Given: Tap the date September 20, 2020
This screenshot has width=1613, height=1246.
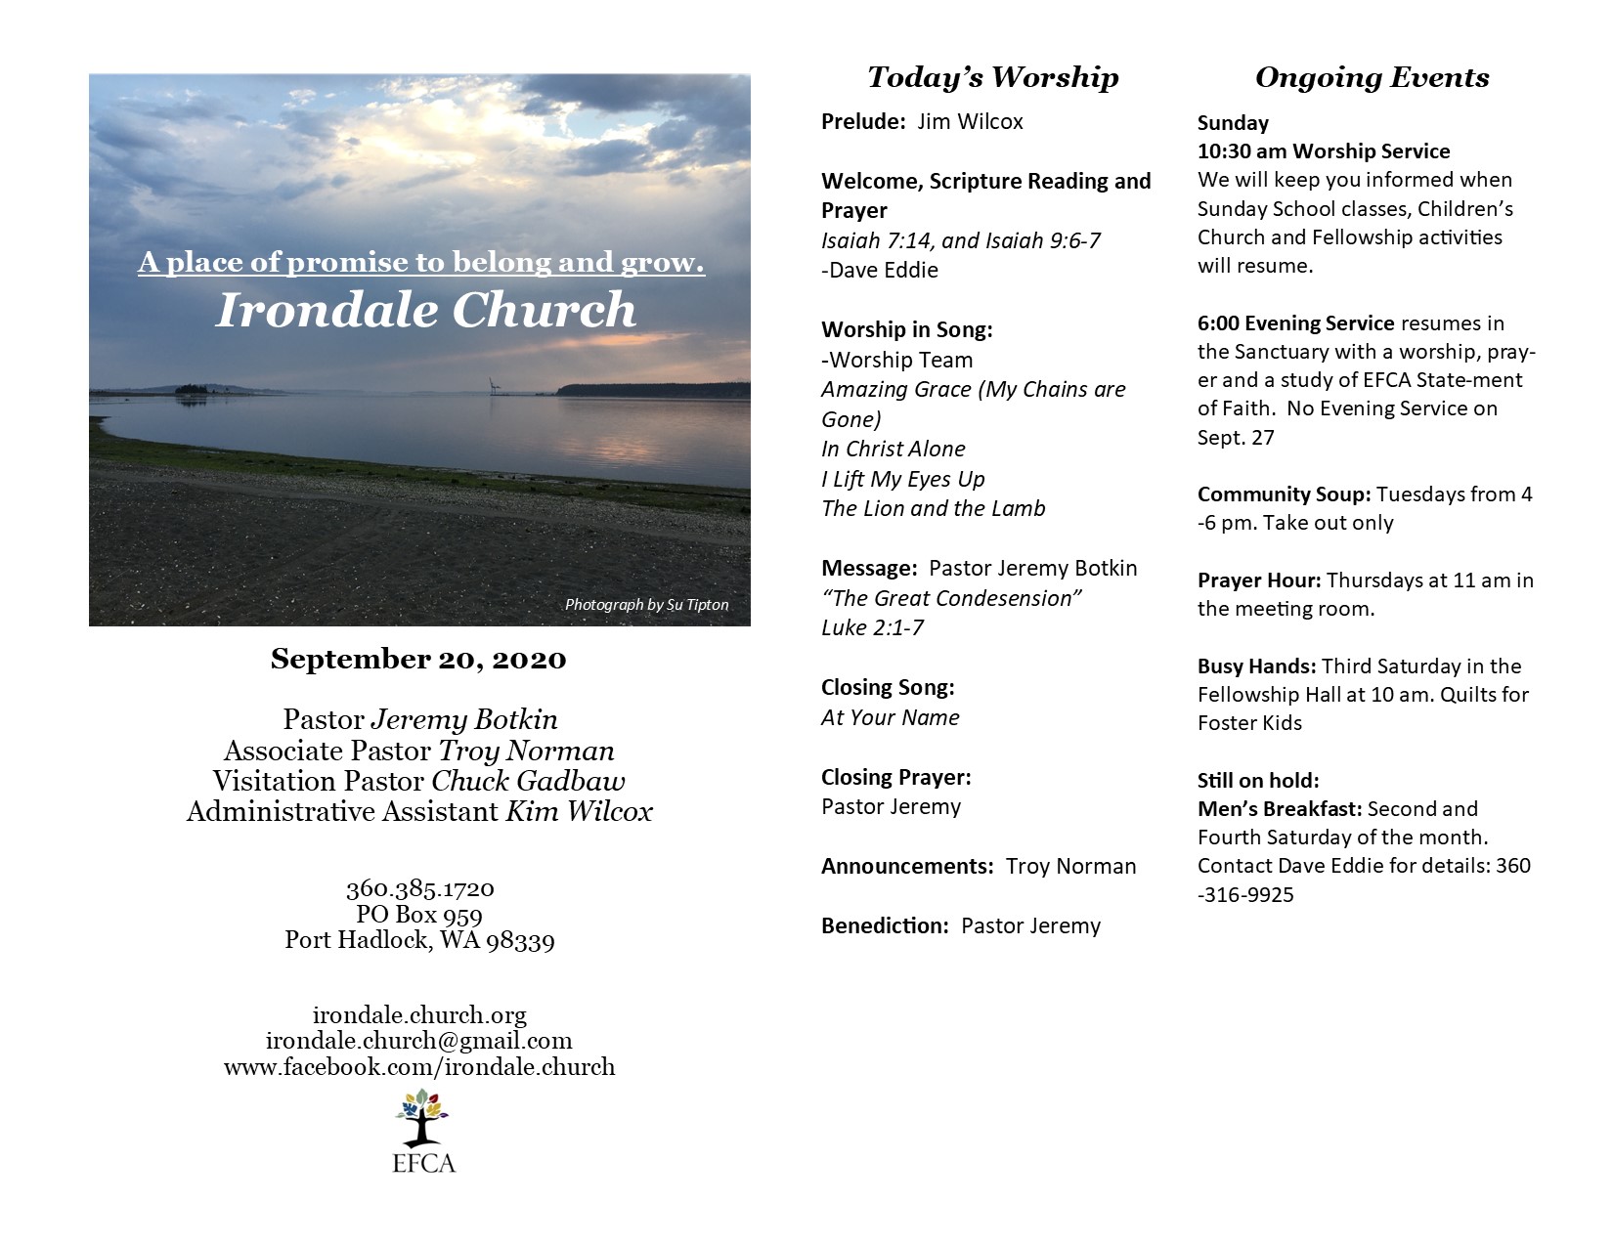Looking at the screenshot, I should pos(418,660).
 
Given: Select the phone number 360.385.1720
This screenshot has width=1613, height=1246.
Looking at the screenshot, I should pos(419,889).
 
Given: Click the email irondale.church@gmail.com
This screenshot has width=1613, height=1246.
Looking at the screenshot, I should pos(419,1041).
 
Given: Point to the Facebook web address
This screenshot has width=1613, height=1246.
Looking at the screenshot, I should pos(419,1066).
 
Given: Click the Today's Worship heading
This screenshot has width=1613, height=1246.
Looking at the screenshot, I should pos(992,77).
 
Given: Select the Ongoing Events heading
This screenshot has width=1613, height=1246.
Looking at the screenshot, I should pos(1372,77).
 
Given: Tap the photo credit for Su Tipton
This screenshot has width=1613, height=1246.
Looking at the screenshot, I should pos(646,605).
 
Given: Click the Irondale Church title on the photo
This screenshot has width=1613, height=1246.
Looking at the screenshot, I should pos(425,310).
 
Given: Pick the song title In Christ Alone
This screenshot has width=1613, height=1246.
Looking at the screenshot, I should pos(893,449).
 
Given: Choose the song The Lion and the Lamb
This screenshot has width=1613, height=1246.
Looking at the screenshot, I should pos(933,508).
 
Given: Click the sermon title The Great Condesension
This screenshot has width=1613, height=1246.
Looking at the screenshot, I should pos(951,598).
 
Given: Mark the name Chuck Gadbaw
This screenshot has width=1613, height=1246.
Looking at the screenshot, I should pos(528,782).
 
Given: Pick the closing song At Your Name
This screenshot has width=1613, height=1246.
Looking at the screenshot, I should pos(890,717).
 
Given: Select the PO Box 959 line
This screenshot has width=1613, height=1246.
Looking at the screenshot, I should pos(419,915).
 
